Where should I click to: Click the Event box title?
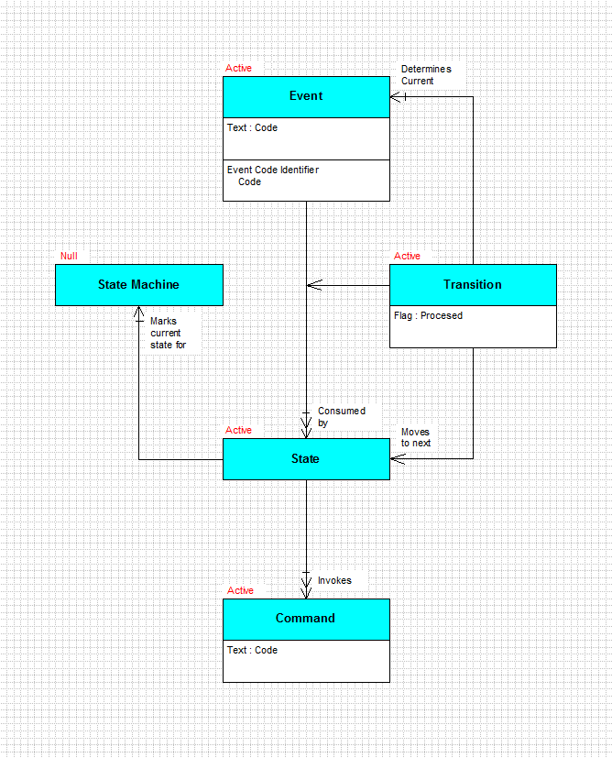[x=306, y=95]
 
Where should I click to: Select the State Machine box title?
[x=138, y=284]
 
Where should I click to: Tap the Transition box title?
[x=473, y=284]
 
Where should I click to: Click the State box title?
[x=305, y=458]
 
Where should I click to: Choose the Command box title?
[x=305, y=618]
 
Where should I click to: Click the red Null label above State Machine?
[x=69, y=256]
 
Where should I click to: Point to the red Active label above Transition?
[x=407, y=256]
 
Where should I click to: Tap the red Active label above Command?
[x=240, y=590]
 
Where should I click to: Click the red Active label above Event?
[x=238, y=68]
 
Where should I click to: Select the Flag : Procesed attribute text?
[x=428, y=315]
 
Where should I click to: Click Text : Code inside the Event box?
[x=252, y=127]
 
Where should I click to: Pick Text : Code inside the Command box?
[x=252, y=650]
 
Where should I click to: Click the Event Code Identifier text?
[x=273, y=170]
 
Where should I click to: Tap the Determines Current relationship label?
[x=426, y=75]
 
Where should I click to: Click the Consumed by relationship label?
[x=342, y=417]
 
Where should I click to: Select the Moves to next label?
[x=415, y=437]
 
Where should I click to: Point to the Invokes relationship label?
[x=334, y=580]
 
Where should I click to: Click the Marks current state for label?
[x=168, y=333]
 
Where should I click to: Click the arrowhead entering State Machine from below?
[x=138, y=311]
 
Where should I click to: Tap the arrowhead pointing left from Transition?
[x=314, y=285]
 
